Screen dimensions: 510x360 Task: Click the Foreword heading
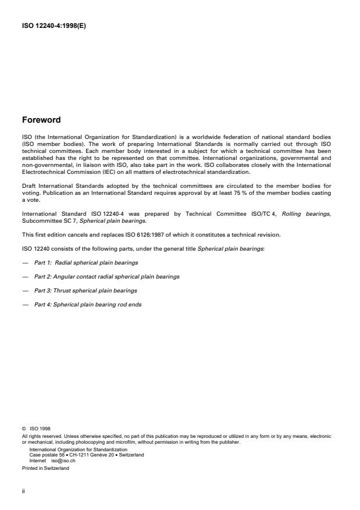(41, 120)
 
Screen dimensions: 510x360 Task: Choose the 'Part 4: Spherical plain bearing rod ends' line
(88, 304)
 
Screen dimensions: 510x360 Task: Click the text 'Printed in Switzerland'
(44, 468)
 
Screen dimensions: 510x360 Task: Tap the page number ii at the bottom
(23, 490)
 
